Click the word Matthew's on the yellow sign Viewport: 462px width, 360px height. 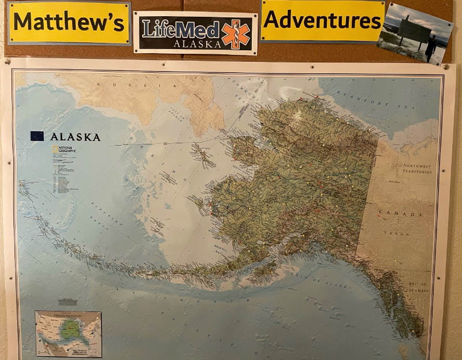(68, 23)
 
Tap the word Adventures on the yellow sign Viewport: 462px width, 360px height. (322, 20)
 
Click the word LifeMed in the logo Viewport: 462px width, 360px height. (181, 28)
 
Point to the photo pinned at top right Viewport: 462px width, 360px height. (414, 32)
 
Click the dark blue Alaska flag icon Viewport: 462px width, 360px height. (37, 136)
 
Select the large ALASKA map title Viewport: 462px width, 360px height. (75, 137)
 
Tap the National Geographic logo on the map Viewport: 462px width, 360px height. (64, 150)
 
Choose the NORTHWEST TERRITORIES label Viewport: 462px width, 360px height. (417, 169)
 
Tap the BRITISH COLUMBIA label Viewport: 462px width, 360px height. (417, 287)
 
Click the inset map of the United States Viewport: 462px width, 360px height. (68, 334)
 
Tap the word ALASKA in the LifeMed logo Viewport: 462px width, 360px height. (197, 43)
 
